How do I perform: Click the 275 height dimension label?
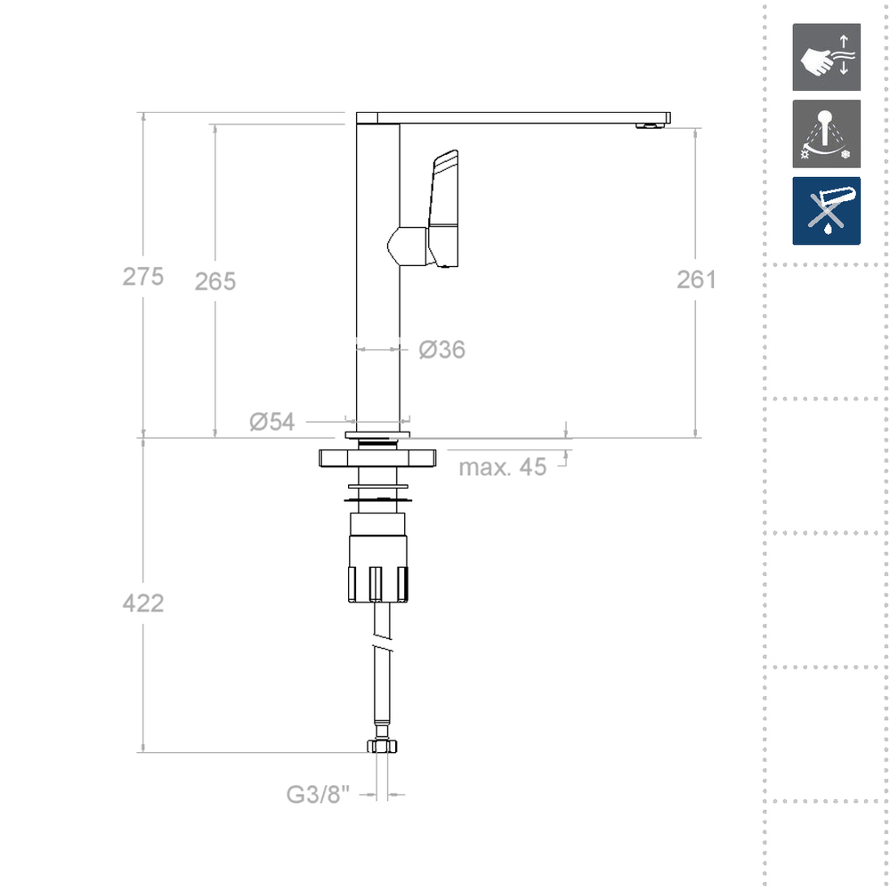click(143, 277)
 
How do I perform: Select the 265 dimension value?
click(215, 281)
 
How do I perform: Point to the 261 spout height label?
click(696, 279)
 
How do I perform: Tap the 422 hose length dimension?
click(143, 603)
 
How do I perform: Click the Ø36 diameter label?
click(442, 350)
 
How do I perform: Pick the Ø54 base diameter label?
click(272, 422)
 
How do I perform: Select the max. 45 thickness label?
click(503, 467)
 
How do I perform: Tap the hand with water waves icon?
click(826, 57)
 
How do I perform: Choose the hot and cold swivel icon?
click(826, 133)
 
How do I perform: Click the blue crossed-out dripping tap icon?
click(826, 211)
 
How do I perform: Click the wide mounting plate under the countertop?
click(377, 459)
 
